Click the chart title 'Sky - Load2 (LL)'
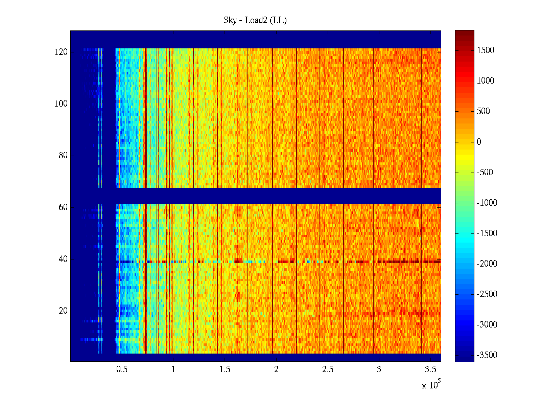[255, 20]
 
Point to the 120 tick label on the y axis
[61, 52]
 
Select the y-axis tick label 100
[61, 104]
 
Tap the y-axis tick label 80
[63, 156]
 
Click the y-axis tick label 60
[63, 207]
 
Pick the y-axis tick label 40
[63, 259]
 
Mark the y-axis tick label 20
[63, 311]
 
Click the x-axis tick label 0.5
[122, 369]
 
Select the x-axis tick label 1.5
[225, 369]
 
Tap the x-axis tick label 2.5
[328, 369]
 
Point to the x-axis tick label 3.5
[430, 369]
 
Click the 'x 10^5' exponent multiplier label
[431, 385]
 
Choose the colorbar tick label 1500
[486, 50]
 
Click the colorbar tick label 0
[479, 142]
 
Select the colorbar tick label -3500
[487, 355]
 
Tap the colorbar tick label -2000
[487, 264]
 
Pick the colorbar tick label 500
[484, 111]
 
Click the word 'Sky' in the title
[230, 20]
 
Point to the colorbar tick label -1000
[487, 203]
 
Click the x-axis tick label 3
[379, 369]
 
